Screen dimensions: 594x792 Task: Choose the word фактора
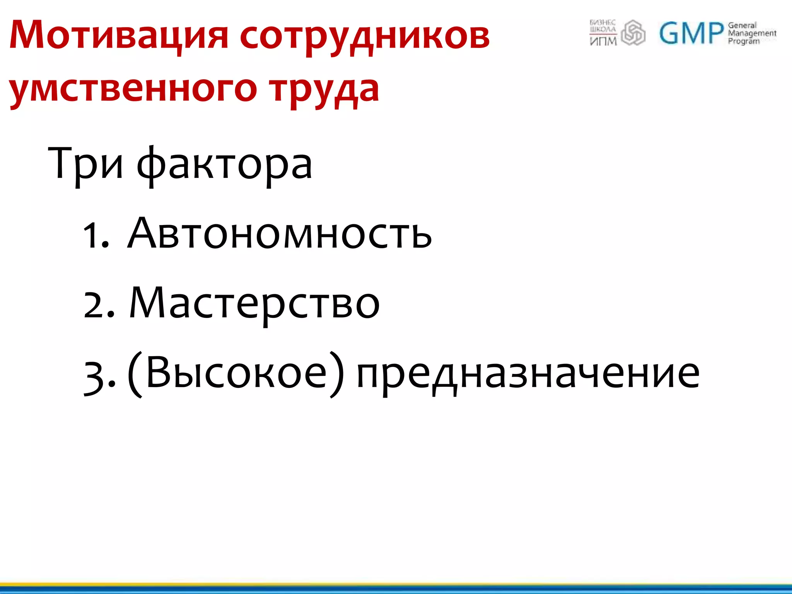pyautogui.click(x=224, y=166)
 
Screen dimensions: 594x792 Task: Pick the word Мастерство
pyautogui.click(x=254, y=304)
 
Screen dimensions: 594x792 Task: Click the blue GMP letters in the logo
pyautogui.click(x=691, y=33)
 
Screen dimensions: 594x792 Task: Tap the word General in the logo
pyautogui.click(x=742, y=26)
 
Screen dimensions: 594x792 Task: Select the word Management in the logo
pyautogui.click(x=752, y=33)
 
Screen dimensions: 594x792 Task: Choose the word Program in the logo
pyautogui.click(x=743, y=41)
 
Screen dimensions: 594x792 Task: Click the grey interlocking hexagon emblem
pyautogui.click(x=633, y=33)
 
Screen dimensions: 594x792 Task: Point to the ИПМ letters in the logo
pyautogui.click(x=603, y=41)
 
